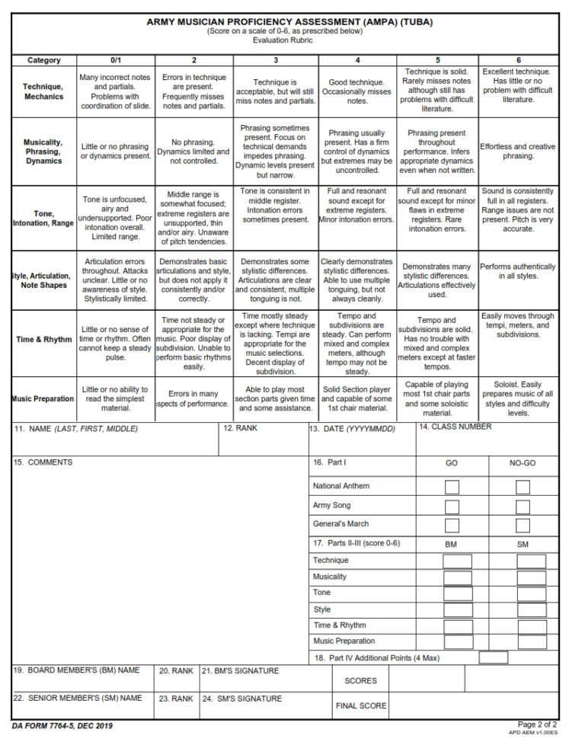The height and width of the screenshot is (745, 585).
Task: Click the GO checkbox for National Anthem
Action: [x=452, y=487]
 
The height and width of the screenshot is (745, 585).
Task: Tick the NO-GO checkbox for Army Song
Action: [x=523, y=507]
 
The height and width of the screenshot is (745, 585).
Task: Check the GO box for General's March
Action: [x=452, y=525]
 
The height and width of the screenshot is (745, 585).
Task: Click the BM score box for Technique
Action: [x=458, y=561]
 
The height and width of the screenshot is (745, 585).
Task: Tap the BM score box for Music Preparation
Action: [x=458, y=642]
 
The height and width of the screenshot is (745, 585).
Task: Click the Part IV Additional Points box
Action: [x=494, y=657]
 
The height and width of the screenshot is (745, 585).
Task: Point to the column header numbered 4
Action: [x=357, y=60]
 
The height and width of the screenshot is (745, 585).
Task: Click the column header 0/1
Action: [x=116, y=60]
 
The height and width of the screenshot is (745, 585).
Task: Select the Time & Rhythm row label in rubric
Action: [x=43, y=339]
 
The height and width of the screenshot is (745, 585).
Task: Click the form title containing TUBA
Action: [x=289, y=22]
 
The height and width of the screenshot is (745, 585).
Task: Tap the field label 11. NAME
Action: [x=76, y=429]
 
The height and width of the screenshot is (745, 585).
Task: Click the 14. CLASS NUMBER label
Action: [x=456, y=427]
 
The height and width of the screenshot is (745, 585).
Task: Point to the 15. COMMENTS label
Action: [x=43, y=462]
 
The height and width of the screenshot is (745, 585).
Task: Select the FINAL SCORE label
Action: [x=361, y=706]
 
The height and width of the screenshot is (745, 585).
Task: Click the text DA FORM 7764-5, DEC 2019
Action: [x=62, y=726]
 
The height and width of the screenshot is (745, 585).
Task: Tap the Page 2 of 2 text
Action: [x=537, y=724]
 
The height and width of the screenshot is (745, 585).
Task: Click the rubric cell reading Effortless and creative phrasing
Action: [x=518, y=152]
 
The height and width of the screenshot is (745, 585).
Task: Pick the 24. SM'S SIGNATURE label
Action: [x=241, y=699]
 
